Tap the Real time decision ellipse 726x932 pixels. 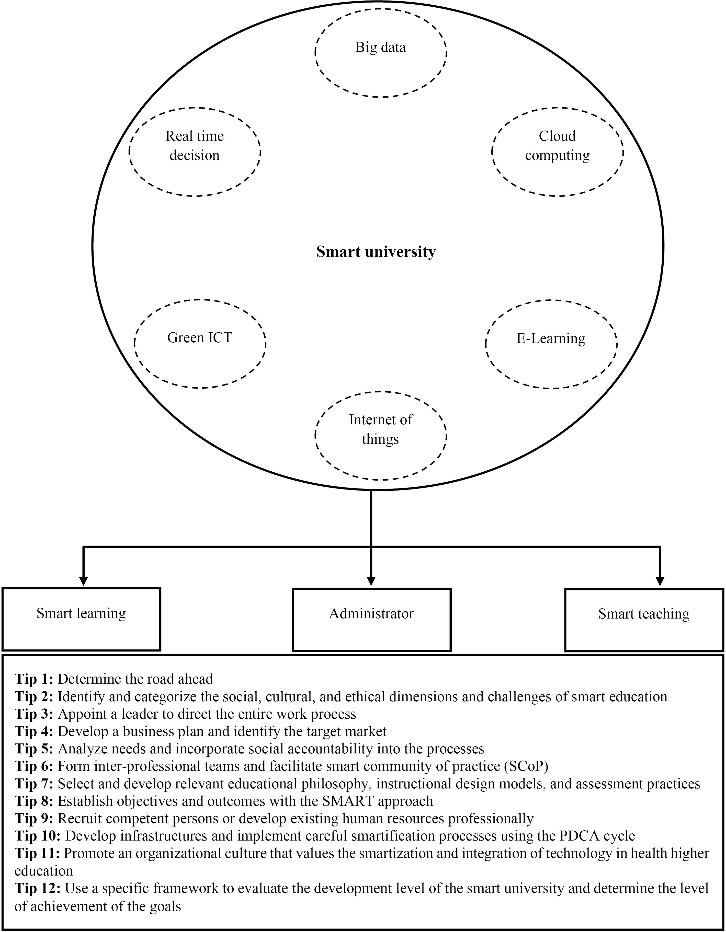pyautogui.click(x=195, y=152)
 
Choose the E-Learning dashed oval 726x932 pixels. pyautogui.click(x=551, y=344)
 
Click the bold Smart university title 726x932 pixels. pyautogui.click(x=376, y=252)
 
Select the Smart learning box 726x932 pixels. pyautogui.click(x=81, y=619)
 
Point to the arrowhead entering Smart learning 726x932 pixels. pyautogui.click(x=84, y=581)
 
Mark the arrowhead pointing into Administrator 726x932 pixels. pyautogui.click(x=371, y=581)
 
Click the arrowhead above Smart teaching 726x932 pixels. pyautogui.click(x=661, y=581)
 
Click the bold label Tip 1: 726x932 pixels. pyautogui.click(x=34, y=679)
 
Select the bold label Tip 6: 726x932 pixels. pyautogui.click(x=34, y=766)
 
